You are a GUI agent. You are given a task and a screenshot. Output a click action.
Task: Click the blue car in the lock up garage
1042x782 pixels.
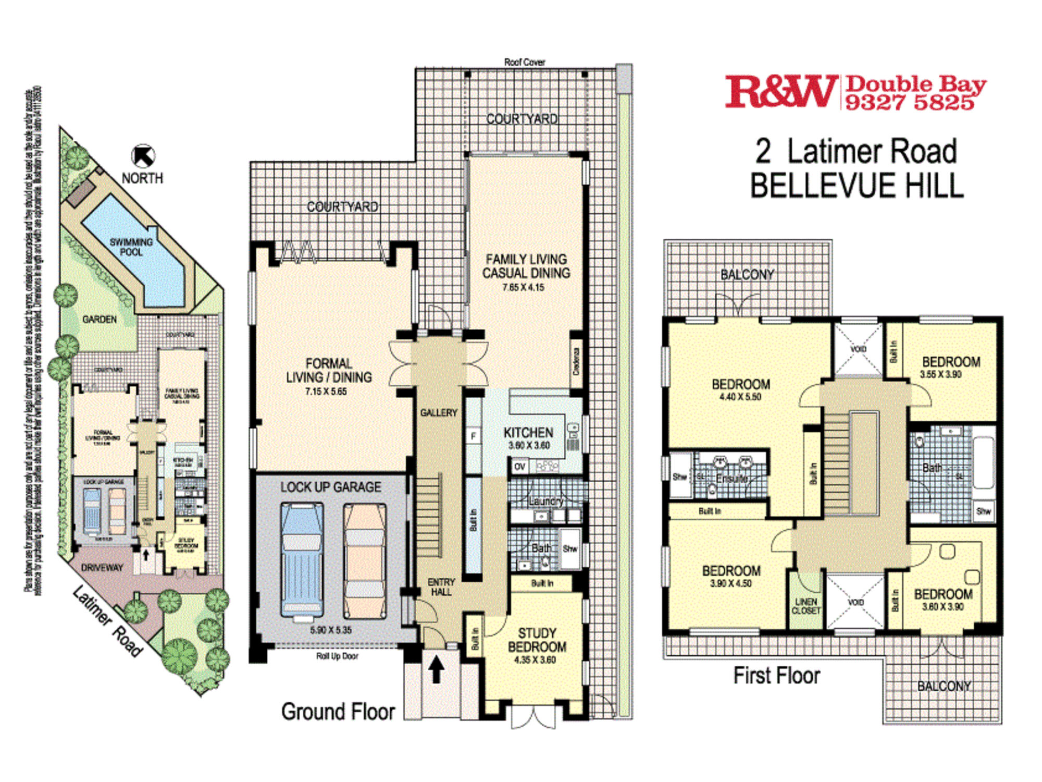(302, 560)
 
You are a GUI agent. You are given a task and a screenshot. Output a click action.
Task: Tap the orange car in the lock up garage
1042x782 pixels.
(365, 560)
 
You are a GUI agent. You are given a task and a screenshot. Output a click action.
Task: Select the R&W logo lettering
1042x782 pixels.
(780, 92)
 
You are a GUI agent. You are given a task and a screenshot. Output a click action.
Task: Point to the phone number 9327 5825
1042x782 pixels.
(909, 103)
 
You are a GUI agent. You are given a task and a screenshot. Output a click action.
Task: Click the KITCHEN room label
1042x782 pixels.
(528, 433)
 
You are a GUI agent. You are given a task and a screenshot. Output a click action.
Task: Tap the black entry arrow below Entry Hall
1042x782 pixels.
(436, 669)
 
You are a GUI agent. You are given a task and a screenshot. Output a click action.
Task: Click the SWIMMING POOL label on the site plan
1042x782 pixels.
(131, 247)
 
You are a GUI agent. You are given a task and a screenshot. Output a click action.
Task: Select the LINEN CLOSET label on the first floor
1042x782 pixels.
(806, 606)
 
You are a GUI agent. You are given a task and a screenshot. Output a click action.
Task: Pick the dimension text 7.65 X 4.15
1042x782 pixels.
(523, 287)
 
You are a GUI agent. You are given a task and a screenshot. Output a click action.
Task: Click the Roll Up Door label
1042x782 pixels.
(337, 656)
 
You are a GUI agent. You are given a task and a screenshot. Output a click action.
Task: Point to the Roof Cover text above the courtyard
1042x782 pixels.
(524, 62)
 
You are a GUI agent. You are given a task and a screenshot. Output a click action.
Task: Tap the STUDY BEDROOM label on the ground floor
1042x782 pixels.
(537, 640)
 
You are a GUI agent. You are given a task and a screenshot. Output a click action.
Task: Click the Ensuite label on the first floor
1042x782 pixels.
(731, 479)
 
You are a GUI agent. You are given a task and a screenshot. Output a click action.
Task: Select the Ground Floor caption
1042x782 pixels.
(338, 712)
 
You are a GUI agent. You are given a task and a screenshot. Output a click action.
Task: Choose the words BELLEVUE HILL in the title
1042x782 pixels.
(857, 185)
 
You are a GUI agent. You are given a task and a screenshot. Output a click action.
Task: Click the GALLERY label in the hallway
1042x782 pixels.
(439, 413)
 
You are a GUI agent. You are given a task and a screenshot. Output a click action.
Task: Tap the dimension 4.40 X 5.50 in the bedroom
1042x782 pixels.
(740, 397)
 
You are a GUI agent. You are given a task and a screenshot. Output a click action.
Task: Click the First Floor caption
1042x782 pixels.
(776, 676)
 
